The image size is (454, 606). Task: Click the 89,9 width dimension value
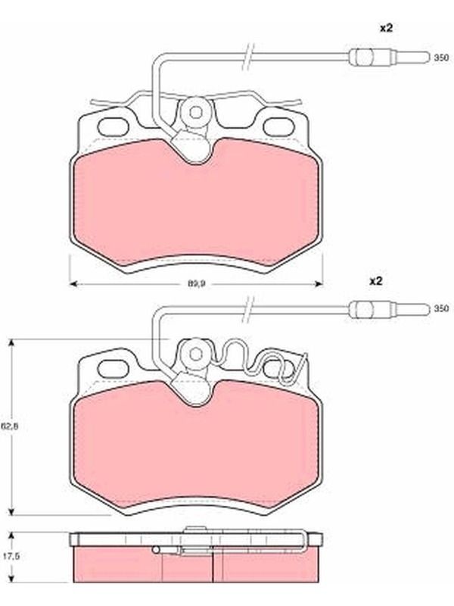coord(196,283)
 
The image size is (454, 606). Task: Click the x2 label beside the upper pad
coord(387,28)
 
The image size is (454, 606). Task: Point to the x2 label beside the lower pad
coord(375,281)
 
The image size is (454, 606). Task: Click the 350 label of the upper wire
coord(441,58)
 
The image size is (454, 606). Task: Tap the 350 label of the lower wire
coord(441,308)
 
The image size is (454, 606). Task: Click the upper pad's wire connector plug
coord(389,58)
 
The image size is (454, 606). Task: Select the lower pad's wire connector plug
coord(389,308)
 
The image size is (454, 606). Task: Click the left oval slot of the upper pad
coord(114,127)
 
